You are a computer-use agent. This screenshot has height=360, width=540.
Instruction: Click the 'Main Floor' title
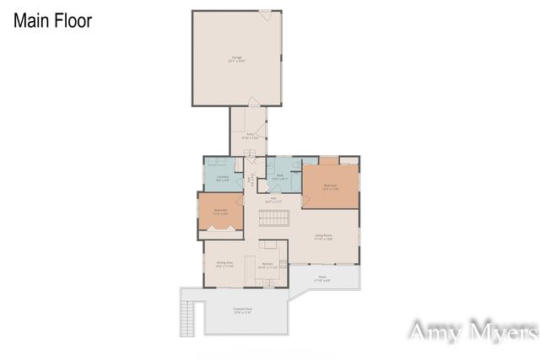click(x=52, y=20)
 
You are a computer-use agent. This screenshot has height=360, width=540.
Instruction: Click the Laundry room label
click(x=223, y=178)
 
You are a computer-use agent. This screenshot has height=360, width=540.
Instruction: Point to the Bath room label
click(x=279, y=178)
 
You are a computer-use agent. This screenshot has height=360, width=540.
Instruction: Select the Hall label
click(x=273, y=200)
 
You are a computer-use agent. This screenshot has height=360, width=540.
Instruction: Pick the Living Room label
click(x=324, y=238)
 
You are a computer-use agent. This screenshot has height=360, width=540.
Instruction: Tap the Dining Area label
click(x=224, y=265)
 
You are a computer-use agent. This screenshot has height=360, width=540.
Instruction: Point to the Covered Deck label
click(x=246, y=311)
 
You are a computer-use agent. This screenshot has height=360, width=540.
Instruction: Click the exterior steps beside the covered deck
click(x=188, y=318)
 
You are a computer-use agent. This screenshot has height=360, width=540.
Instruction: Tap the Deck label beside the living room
click(x=322, y=277)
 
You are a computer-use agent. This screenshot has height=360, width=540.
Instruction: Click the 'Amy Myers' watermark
click(x=472, y=332)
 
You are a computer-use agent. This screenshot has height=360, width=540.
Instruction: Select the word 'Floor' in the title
click(x=73, y=20)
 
